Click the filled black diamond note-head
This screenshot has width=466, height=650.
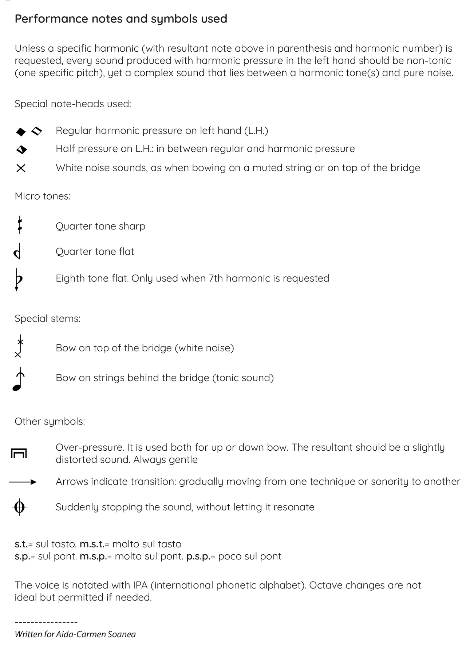coord(21,132)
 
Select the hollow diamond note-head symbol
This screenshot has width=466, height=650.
coord(37,131)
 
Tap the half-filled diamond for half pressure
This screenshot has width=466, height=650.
coord(22,149)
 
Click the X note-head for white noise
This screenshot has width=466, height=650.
coord(21,168)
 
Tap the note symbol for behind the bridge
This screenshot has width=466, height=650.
coord(18,379)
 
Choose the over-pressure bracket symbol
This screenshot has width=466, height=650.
coord(19,454)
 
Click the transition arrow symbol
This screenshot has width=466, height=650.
coord(23,482)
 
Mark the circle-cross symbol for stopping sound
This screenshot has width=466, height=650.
coord(19,507)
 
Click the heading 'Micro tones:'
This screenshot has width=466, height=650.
coord(43,196)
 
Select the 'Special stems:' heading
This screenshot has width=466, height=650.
coord(47,319)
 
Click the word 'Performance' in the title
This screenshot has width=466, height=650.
coord(51,19)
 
